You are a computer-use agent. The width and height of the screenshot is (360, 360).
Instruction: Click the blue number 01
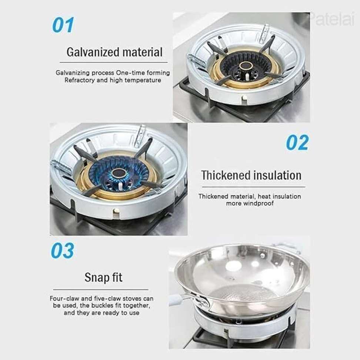tap(63, 25)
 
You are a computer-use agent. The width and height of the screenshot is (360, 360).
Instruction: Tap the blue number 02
tap(297, 143)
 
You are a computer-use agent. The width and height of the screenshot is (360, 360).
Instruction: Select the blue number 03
tap(63, 250)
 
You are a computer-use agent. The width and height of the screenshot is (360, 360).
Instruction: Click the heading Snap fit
tap(103, 277)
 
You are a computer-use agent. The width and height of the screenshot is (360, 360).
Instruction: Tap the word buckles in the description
tap(101, 306)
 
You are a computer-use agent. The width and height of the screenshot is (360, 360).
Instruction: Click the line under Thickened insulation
tap(254, 187)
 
